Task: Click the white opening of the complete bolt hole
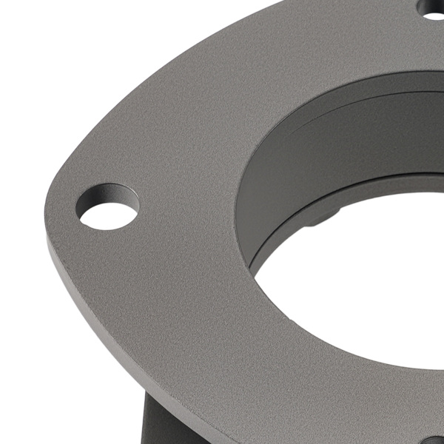(108, 215)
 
